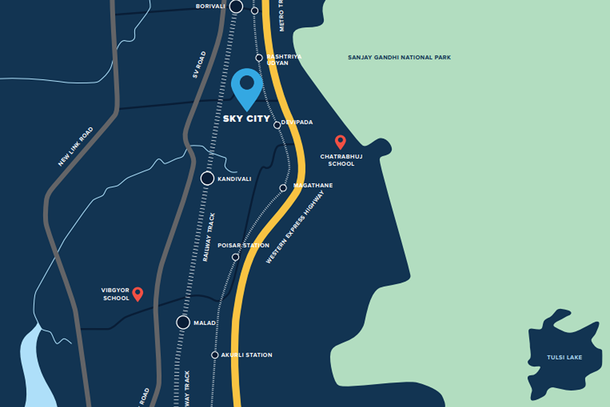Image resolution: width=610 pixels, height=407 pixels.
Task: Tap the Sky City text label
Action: [x=246, y=119]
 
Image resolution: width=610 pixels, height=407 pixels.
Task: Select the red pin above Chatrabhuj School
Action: [x=340, y=142]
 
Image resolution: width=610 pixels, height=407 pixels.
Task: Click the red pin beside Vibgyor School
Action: [x=138, y=293]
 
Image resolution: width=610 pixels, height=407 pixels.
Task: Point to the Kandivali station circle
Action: [x=207, y=178]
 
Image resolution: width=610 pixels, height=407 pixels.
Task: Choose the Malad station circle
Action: [x=183, y=322]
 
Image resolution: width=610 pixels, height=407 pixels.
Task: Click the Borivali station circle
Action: [x=236, y=6]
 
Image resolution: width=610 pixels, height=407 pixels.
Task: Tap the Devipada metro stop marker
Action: [x=277, y=125]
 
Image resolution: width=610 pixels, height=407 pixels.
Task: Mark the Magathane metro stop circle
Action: [x=283, y=188]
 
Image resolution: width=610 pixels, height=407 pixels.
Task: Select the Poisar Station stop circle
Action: [x=236, y=257]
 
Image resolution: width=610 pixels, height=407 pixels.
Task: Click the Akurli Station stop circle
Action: [x=215, y=355]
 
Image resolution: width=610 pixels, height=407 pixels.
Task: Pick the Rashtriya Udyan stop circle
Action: [x=259, y=58]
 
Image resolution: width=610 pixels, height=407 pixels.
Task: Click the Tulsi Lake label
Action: [x=564, y=357]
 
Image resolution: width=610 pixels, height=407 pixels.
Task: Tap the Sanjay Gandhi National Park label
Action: [x=399, y=58]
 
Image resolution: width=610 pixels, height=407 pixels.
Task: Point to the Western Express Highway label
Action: [x=295, y=227]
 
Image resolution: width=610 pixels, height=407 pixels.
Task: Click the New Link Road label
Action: [x=75, y=147]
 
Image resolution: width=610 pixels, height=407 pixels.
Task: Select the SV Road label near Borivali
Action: [x=199, y=65]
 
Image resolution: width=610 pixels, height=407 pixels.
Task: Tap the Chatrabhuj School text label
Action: [x=341, y=160]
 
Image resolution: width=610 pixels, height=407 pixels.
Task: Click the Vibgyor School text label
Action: [x=116, y=294]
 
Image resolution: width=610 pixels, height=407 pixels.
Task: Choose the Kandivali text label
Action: [x=234, y=179]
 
